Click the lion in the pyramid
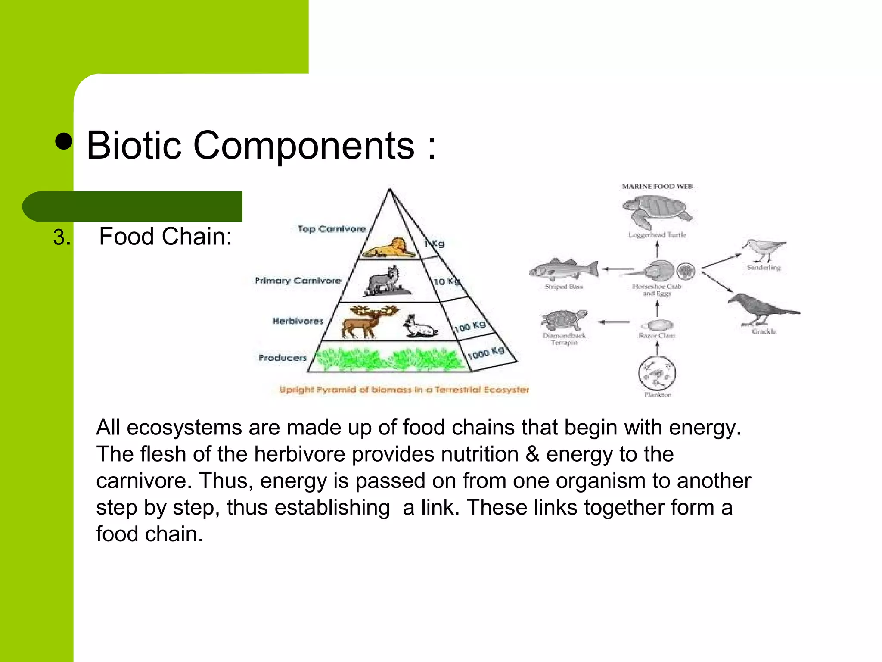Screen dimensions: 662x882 (387, 248)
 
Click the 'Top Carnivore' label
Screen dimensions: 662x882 (332, 229)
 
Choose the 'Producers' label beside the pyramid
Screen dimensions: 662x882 (283, 357)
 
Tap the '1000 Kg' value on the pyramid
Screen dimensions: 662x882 (486, 353)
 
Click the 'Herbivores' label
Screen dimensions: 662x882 (298, 321)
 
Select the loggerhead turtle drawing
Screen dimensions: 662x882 (656, 211)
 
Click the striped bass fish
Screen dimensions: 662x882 (564, 269)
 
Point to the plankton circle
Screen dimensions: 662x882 (657, 373)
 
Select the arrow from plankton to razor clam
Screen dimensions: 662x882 (657, 348)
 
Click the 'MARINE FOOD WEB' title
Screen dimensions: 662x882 (657, 187)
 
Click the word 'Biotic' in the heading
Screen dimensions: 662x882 (134, 146)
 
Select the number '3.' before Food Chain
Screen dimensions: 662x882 (62, 237)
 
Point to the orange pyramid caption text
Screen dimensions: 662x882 (404, 390)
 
